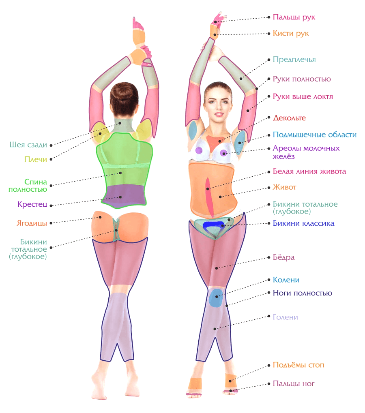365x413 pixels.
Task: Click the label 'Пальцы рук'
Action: [294, 17]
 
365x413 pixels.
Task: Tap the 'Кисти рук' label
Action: [290, 34]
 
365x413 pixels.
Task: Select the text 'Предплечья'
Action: [294, 60]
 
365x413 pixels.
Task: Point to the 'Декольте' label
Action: [289, 118]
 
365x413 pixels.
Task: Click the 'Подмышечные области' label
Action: [314, 135]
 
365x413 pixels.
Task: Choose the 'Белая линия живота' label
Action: [309, 171]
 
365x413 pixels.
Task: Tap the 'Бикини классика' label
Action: [303, 223]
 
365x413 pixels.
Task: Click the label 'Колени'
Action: [286, 280]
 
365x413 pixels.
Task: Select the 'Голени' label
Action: [285, 317]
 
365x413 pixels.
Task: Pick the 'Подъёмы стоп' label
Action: [298, 365]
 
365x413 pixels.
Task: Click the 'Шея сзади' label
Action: [28, 145]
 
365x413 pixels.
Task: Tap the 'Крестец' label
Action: [32, 204]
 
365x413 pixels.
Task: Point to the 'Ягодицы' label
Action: [32, 223]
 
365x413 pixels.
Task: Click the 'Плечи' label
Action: [36, 159]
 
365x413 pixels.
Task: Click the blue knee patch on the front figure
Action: [216, 298]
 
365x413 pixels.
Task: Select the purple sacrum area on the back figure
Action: [124, 196]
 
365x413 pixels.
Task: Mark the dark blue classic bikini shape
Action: [213, 225]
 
